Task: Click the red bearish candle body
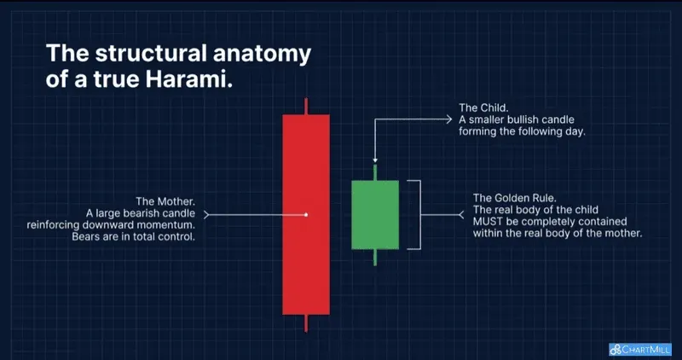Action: pyautogui.click(x=306, y=256)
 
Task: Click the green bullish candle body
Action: pyautogui.click(x=375, y=214)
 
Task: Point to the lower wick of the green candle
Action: pyautogui.click(x=375, y=257)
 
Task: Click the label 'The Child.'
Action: pyautogui.click(x=482, y=107)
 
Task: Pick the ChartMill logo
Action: pyautogui.click(x=641, y=349)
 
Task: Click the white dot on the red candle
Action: pyautogui.click(x=306, y=214)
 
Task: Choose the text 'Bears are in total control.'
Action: pyautogui.click(x=134, y=236)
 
